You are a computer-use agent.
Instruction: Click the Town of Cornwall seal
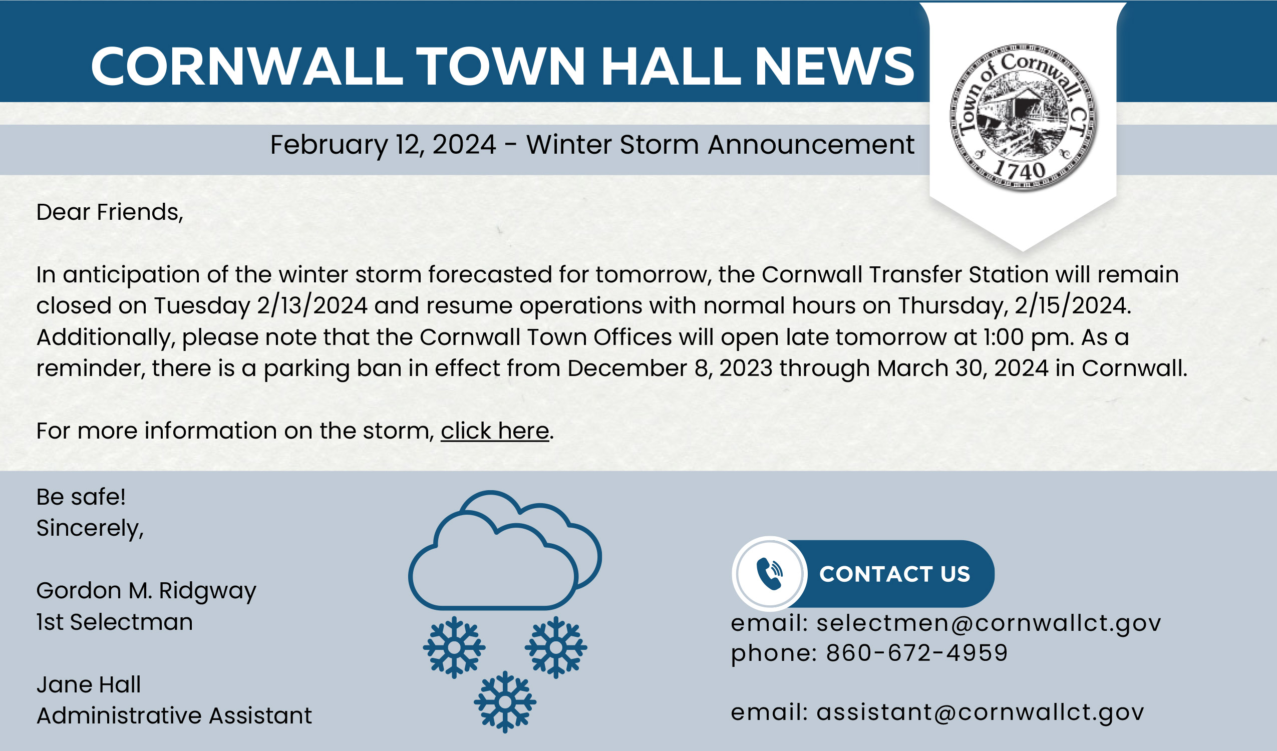[1023, 118]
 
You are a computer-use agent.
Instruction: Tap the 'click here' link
[495, 431]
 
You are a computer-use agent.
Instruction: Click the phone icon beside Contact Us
[769, 574]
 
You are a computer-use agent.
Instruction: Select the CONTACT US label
[894, 574]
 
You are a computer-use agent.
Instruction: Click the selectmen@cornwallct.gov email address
[989, 623]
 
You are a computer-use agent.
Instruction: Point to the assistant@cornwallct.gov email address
[980, 712]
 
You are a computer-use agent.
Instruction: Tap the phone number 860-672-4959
[917, 653]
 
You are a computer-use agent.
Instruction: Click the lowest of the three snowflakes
[505, 702]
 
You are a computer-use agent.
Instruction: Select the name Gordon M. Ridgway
[146, 591]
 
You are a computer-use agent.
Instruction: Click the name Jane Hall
[89, 684]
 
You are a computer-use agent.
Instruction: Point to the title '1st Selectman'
[115, 622]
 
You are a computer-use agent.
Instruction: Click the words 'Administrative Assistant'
[174, 715]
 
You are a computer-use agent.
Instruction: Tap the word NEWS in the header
[834, 67]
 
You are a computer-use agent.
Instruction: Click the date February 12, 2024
[383, 145]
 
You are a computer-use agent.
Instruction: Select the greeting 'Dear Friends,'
[110, 212]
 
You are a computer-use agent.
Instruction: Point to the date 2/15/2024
[1072, 305]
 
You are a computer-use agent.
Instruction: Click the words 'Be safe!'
[81, 497]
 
